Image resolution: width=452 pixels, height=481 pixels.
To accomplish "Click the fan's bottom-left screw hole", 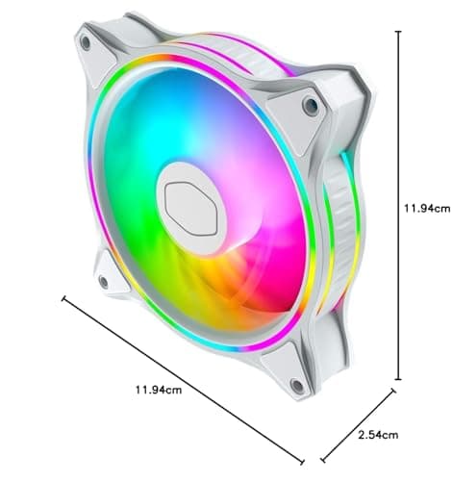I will tap(103, 281).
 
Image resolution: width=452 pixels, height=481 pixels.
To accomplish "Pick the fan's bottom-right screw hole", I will tap(296, 387).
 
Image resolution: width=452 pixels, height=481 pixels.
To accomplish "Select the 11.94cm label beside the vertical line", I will tap(425, 206).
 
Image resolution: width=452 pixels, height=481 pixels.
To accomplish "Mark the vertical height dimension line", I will tap(398, 206).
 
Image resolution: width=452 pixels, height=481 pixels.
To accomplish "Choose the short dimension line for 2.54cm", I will tap(358, 425).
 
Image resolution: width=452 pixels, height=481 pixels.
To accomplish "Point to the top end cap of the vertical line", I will tap(398, 30).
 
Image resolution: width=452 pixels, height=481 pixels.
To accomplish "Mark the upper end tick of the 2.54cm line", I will tap(392, 392).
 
